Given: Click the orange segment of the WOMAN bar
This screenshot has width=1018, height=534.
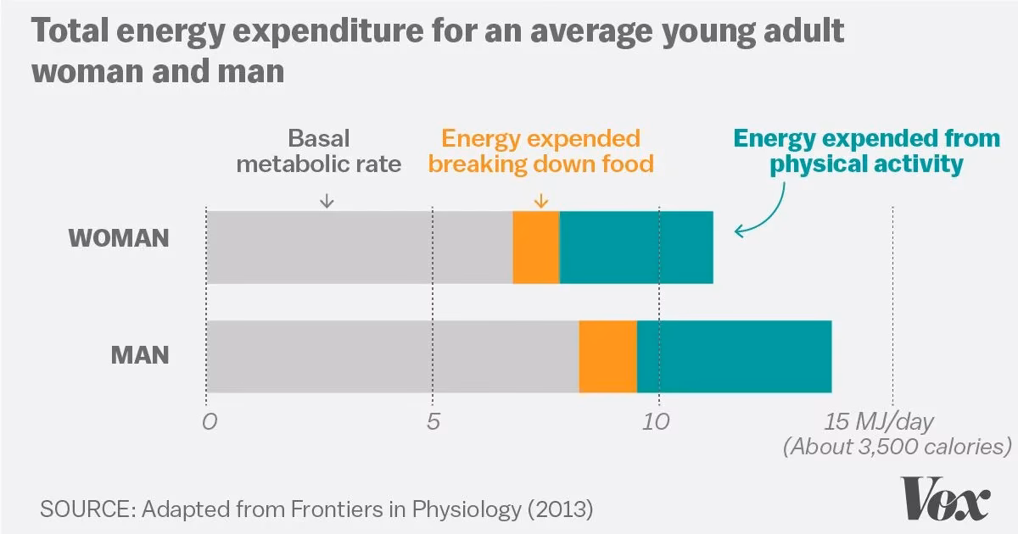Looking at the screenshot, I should (x=536, y=247).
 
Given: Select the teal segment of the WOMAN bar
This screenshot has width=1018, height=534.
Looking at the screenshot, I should (x=636, y=247).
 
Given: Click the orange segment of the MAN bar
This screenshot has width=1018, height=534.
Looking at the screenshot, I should (x=607, y=357).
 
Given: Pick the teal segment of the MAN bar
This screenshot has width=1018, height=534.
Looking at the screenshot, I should (x=734, y=357).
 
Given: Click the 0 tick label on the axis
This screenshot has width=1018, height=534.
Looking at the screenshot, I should (x=207, y=421).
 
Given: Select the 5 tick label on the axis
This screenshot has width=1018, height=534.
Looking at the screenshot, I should (x=433, y=421).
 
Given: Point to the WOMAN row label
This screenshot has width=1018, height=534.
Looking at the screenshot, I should (x=119, y=238).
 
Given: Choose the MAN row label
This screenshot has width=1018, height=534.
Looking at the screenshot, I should (x=141, y=354).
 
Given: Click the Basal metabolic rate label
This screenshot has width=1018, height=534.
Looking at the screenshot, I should (x=318, y=151).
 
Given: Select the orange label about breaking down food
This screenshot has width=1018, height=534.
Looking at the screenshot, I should (x=541, y=151).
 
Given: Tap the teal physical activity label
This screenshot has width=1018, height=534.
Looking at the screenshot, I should (x=866, y=151).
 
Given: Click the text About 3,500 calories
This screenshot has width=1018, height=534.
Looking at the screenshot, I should (x=897, y=447).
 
